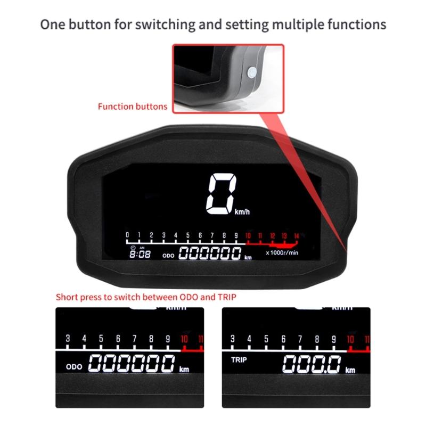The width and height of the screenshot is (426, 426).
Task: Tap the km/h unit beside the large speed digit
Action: pyautogui.click(x=242, y=211)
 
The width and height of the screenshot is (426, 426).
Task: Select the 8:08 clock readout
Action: pyautogui.click(x=141, y=254)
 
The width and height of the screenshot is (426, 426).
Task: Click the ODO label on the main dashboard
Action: pyautogui.click(x=169, y=256)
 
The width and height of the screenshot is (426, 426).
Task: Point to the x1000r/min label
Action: pyautogui.click(x=282, y=252)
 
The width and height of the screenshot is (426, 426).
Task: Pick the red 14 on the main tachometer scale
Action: pyautogui.click(x=297, y=235)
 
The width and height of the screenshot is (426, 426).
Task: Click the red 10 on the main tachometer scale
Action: pyautogui.click(x=248, y=235)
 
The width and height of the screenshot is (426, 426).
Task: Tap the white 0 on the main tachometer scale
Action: pyautogui.click(x=127, y=235)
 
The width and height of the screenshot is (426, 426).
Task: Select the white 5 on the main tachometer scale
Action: pyautogui.click(x=188, y=235)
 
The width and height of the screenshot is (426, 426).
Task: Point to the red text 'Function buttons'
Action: pyautogui.click(x=133, y=106)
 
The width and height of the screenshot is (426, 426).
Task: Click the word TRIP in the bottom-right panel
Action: pyautogui.click(x=240, y=360)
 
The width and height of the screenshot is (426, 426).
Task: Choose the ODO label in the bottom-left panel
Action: pyautogui.click(x=74, y=367)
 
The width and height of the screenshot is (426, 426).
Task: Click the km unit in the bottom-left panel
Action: pyautogui.click(x=184, y=369)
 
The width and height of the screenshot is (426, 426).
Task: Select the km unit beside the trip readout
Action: pyautogui.click(x=350, y=370)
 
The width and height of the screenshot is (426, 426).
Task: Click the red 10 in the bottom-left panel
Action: pyautogui.click(x=184, y=339)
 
